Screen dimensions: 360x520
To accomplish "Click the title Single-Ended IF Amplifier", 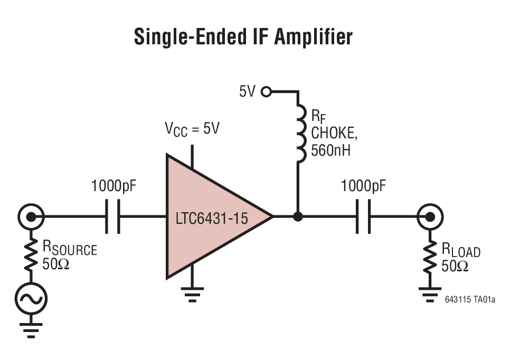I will [243, 37].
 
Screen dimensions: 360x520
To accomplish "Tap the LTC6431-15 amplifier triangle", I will [211, 216].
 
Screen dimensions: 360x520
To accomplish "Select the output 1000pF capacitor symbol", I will [363, 216].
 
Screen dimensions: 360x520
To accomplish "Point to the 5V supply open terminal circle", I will [266, 92].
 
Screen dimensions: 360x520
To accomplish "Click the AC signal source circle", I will [30, 299].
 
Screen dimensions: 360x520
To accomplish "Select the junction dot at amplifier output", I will [298, 216].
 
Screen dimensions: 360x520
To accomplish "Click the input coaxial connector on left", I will [30, 216].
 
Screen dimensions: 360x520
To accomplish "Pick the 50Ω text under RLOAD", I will [455, 266].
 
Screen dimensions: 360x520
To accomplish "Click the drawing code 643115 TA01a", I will [470, 300].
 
